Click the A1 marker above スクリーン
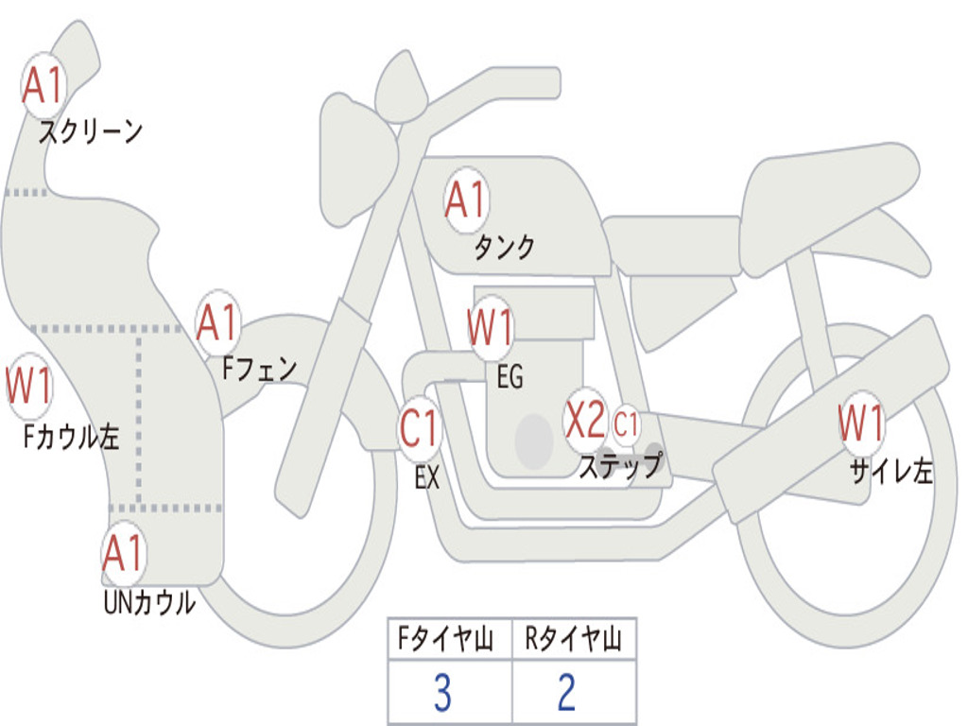pyautogui.click(x=43, y=85)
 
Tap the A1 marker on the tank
pyautogui.click(x=467, y=200)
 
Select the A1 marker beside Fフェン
pyautogui.click(x=218, y=322)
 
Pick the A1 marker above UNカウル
pyautogui.click(x=124, y=553)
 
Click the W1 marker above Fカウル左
pyautogui.click(x=29, y=386)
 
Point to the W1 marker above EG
pyautogui.click(x=491, y=327)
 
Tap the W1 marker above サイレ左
pyautogui.click(x=861, y=423)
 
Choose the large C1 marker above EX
pyautogui.click(x=420, y=428)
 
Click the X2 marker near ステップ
pyautogui.click(x=586, y=421)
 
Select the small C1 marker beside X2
pyautogui.click(x=626, y=424)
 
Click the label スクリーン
pyautogui.click(x=91, y=130)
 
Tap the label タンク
pyautogui.click(x=505, y=247)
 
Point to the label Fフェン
pyautogui.click(x=260, y=369)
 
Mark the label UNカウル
pyautogui.click(x=150, y=602)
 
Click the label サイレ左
pyautogui.click(x=891, y=471)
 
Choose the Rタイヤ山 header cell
pyautogui.click(x=574, y=638)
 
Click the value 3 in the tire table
pyautogui.click(x=442, y=692)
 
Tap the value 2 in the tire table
pyautogui.click(x=567, y=692)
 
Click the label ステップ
pyautogui.click(x=620, y=465)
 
